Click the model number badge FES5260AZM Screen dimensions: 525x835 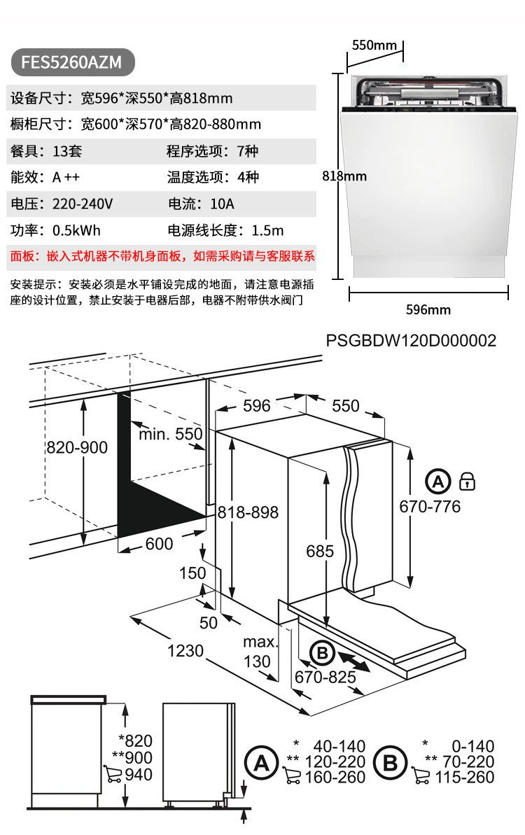[71, 62]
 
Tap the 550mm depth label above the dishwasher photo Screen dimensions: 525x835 [374, 45]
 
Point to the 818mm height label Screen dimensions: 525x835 [344, 176]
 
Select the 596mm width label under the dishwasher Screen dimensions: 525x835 [428, 309]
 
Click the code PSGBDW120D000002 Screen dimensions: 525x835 [411, 341]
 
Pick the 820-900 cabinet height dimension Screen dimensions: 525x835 [77, 447]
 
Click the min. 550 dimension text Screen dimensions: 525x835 [170, 434]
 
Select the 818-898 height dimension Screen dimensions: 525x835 [248, 512]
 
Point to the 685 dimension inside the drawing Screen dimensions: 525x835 [320, 551]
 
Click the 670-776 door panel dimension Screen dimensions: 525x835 [430, 506]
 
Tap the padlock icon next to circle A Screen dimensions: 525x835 [467, 482]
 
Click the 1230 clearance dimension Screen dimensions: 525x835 [185, 651]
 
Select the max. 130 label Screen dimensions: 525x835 [258, 652]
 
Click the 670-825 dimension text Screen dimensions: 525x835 [324, 678]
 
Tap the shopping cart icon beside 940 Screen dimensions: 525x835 [112, 774]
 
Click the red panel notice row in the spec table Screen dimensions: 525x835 [162, 256]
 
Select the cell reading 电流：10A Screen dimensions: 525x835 [202, 204]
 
